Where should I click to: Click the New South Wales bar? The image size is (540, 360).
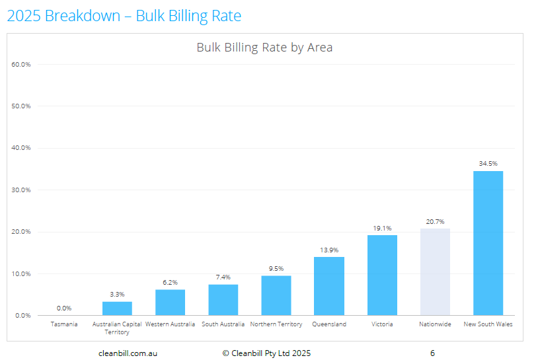pos(488,243)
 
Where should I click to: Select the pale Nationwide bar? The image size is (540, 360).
pos(435,272)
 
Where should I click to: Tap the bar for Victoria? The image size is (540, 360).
pos(382,275)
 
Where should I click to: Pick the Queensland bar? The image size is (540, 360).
pos(328,286)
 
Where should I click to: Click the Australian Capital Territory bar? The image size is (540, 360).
pos(117,308)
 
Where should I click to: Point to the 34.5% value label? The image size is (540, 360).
pos(488,163)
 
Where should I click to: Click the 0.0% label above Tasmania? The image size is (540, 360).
pos(64,308)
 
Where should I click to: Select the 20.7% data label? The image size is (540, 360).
pos(435,221)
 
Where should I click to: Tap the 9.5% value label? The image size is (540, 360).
pos(276,268)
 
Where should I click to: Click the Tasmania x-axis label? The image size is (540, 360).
pos(64,324)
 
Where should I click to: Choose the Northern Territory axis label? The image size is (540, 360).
pos(276,324)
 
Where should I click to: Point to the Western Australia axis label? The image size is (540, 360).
pos(170,324)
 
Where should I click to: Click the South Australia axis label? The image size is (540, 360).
pos(223,324)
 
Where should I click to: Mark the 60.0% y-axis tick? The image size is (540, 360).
pos(21,64)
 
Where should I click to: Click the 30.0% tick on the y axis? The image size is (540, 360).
pos(21,190)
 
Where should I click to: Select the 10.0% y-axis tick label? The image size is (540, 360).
pos(21,273)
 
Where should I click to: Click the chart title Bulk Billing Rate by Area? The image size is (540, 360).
pos(264,48)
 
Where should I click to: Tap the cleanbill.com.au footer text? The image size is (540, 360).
pos(128,353)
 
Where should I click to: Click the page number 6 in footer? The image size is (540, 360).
pos(432,353)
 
